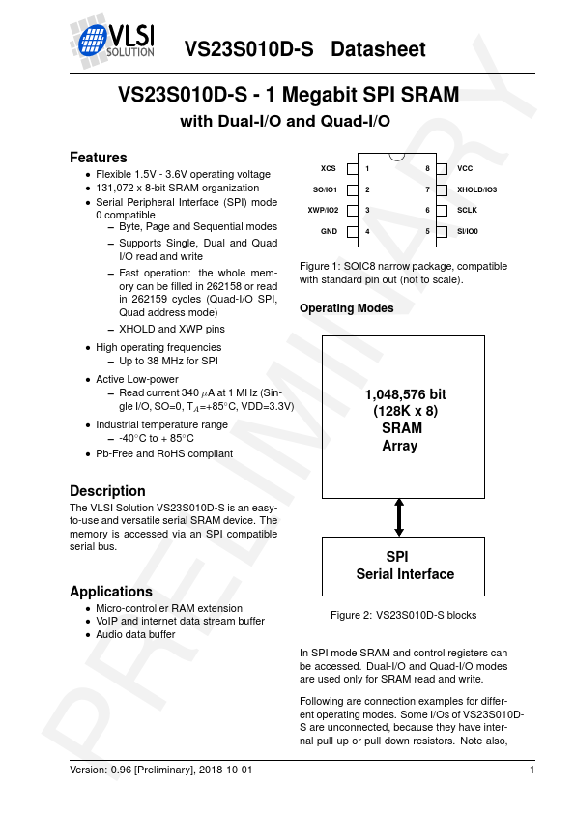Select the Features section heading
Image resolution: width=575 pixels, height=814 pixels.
tap(99, 158)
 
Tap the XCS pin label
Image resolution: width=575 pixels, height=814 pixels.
tap(329, 168)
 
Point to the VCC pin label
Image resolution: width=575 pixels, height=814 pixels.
tap(465, 168)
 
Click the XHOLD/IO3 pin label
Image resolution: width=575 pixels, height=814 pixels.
tap(476, 189)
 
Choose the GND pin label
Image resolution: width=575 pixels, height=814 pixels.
tap(329, 232)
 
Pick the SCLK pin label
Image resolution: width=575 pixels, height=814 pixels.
tap(468, 211)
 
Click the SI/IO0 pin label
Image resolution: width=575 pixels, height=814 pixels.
tap(468, 232)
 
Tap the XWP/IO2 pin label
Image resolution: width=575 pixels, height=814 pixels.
tap(323, 211)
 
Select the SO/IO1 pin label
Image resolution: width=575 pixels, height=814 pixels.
tap(325, 189)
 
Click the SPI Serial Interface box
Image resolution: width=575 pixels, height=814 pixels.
tap(399, 567)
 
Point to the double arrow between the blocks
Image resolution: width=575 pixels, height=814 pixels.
tap(399, 516)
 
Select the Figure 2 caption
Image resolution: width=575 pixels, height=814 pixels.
tap(403, 615)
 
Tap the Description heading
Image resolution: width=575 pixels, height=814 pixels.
tap(107, 490)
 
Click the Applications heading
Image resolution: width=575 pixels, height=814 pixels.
tap(111, 592)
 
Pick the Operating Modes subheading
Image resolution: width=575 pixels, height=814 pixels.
tap(346, 308)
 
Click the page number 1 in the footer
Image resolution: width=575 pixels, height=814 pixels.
tap(532, 770)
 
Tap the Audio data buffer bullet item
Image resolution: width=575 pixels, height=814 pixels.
tap(135, 635)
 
